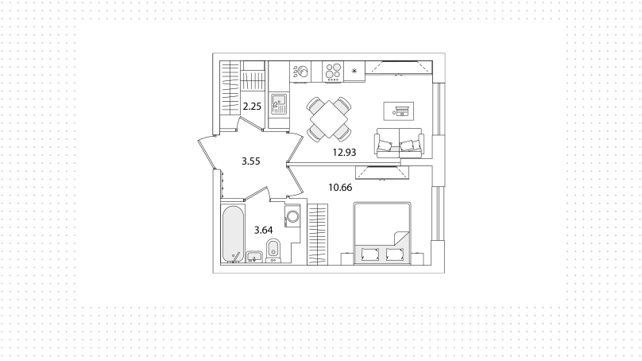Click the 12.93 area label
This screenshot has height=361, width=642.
(x=344, y=153)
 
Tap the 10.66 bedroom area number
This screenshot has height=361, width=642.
(x=340, y=188)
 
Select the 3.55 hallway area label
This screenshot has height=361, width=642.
(x=250, y=161)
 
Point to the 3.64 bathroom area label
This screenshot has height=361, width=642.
(x=263, y=231)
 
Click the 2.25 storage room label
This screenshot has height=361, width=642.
(x=252, y=107)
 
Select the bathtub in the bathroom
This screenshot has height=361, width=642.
(x=233, y=234)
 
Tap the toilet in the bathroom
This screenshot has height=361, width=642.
(x=273, y=250)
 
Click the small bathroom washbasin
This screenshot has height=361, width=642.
(x=254, y=257)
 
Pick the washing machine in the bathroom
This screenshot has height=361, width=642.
(x=292, y=216)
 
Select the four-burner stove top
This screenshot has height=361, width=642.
(x=333, y=72)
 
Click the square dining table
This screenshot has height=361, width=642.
(x=329, y=119)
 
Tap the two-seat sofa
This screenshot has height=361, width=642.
(x=399, y=143)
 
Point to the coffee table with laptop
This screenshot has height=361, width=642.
(x=398, y=111)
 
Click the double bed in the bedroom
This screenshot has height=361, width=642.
(x=382, y=232)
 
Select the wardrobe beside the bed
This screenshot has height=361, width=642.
(x=318, y=235)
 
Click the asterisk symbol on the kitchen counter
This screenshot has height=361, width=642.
(x=354, y=71)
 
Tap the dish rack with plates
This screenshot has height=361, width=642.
(x=300, y=72)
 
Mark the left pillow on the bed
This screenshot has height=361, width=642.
(x=369, y=254)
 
